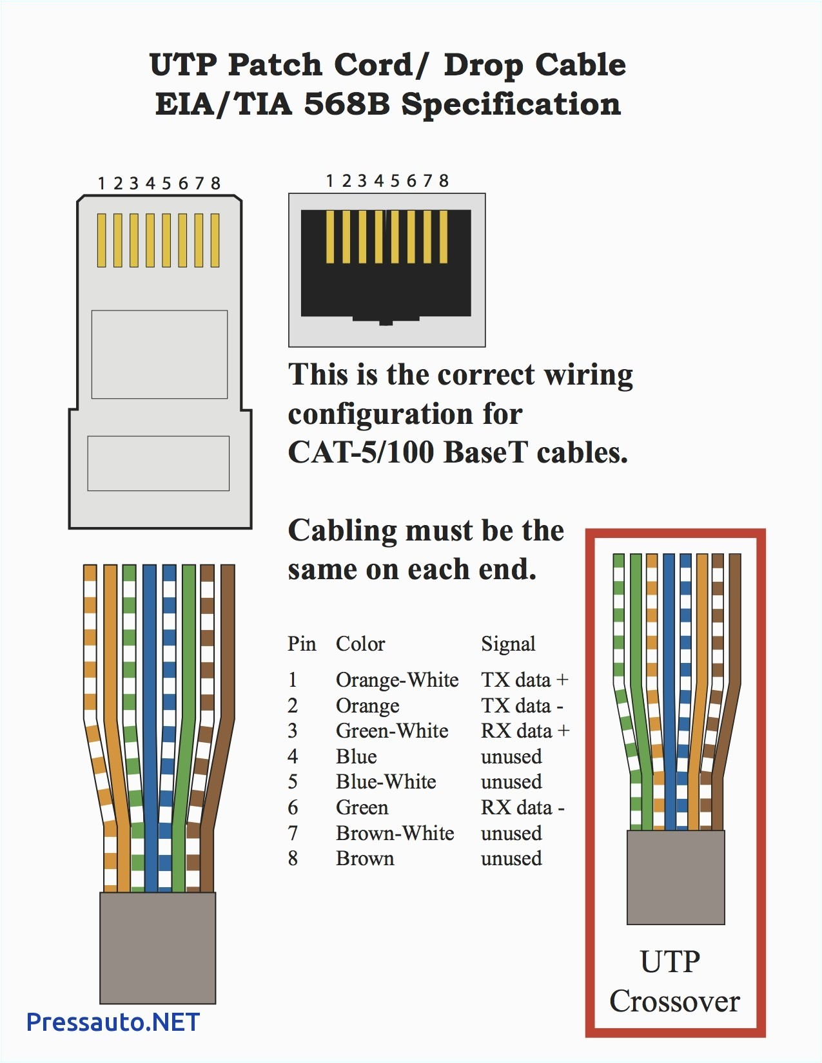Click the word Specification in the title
tap(511, 104)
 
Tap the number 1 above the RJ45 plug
tap(101, 184)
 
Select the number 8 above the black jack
tap(444, 181)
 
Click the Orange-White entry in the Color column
tap(397, 680)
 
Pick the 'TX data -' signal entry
tap(522, 705)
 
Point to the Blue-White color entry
tap(386, 781)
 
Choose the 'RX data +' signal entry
tap(525, 731)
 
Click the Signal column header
tap(508, 644)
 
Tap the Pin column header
tap(302, 644)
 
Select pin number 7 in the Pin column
tap(293, 833)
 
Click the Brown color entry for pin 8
tap(365, 858)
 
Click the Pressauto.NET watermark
tap(113, 1022)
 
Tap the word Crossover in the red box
tap(674, 1001)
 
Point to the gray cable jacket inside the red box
tap(676, 877)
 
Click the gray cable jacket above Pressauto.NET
tap(157, 947)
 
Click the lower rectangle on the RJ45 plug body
tap(158, 463)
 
